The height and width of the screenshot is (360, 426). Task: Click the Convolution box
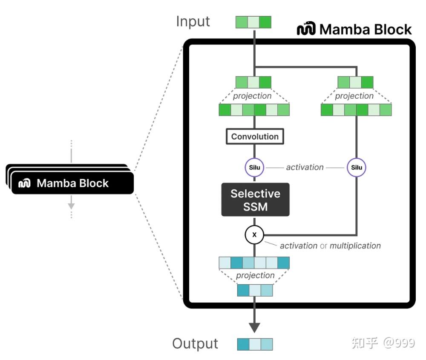coord(255,137)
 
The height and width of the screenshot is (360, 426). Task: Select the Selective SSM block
coord(255,200)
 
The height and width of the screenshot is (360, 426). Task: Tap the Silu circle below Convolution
coord(255,168)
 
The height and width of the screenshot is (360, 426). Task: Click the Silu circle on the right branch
coord(357,168)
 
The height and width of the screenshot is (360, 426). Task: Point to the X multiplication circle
coord(254,234)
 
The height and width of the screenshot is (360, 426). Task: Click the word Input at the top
coord(193,21)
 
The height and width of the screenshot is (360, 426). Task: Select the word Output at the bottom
coord(195,343)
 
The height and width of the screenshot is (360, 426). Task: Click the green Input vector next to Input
coord(253,22)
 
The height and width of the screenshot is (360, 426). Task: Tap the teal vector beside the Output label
coord(255,344)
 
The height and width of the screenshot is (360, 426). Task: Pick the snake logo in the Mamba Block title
coord(306,29)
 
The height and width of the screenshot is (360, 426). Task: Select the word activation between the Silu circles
coord(305,168)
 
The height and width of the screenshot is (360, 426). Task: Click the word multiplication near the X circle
coord(355,246)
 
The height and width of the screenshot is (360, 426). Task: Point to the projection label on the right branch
coord(354,96)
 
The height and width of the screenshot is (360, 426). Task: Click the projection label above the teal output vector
coord(255,275)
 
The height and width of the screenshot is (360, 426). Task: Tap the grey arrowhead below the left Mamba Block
coord(71,206)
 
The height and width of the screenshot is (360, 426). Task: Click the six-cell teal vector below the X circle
coord(254,263)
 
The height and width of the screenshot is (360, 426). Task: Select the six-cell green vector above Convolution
coord(254,110)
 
